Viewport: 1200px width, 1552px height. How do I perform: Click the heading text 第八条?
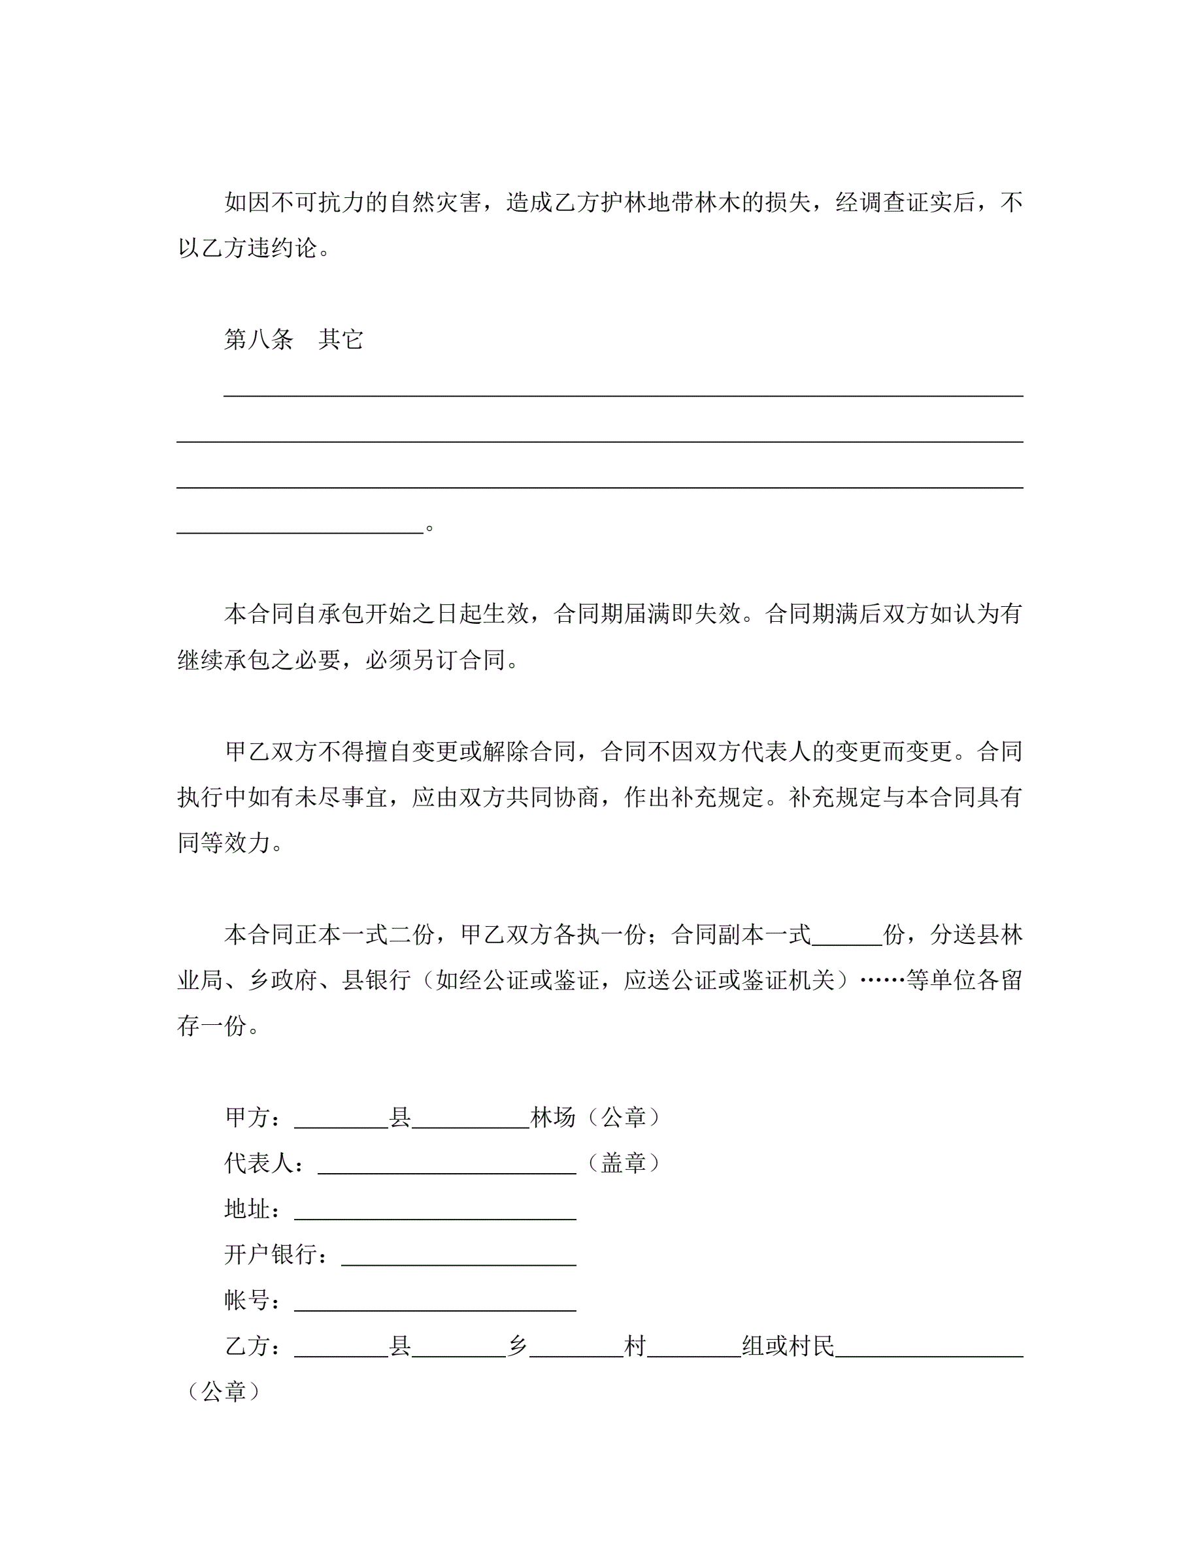pyautogui.click(x=259, y=340)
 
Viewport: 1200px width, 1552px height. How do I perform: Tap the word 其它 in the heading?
pyautogui.click(x=341, y=340)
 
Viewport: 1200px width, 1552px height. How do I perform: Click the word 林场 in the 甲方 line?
pyautogui.click(x=553, y=1118)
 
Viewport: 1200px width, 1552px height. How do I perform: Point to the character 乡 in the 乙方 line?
pyautogui.click(x=518, y=1346)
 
